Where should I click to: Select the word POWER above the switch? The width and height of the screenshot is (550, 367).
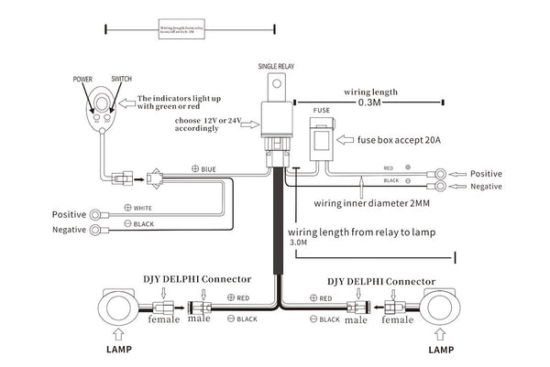83,81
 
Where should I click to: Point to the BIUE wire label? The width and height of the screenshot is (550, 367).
207,169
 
